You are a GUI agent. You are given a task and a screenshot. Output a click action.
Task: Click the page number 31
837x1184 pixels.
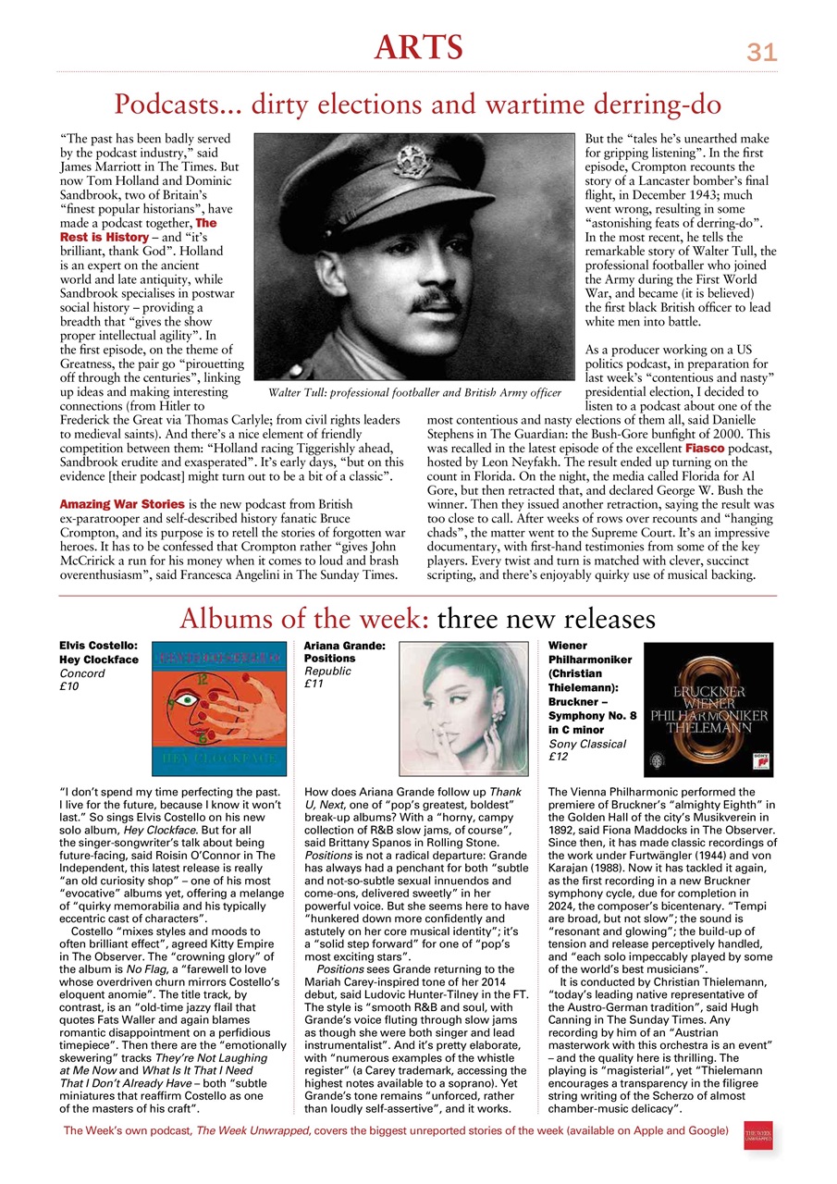tap(761, 54)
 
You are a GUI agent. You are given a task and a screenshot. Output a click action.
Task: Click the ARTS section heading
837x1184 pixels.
tap(418, 46)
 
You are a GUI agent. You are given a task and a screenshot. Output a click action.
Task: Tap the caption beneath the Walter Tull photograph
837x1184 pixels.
tap(413, 393)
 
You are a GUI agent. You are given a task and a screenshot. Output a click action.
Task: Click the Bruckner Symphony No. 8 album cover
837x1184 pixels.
tap(708, 709)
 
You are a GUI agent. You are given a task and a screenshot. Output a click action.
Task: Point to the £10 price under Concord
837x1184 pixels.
tap(69, 686)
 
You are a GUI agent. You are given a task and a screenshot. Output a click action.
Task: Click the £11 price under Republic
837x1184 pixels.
tap(314, 684)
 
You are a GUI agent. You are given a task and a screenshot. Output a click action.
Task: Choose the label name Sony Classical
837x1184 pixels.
tap(587, 743)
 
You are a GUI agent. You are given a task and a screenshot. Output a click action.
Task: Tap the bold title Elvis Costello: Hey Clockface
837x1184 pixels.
tap(98, 652)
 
